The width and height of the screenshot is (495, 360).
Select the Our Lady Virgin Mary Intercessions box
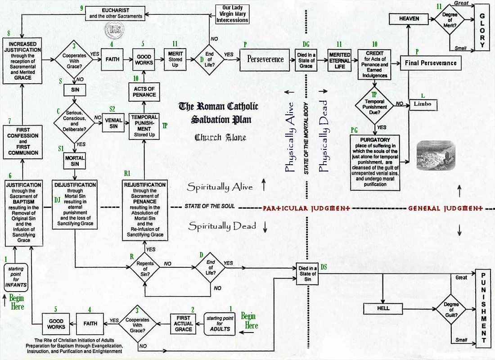tap(232, 14)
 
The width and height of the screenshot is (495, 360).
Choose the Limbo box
tap(423, 104)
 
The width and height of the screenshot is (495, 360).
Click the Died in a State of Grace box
tap(306, 58)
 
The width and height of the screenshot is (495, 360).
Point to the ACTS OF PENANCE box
tap(144, 91)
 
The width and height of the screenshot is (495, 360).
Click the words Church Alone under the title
tap(220, 137)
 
